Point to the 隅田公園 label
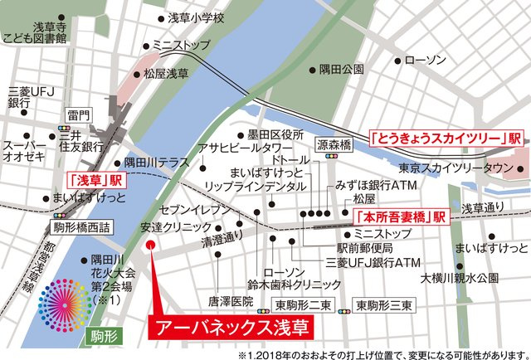pyautogui.click(x=342, y=70)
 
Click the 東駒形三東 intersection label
pyautogui.click(x=383, y=305)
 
